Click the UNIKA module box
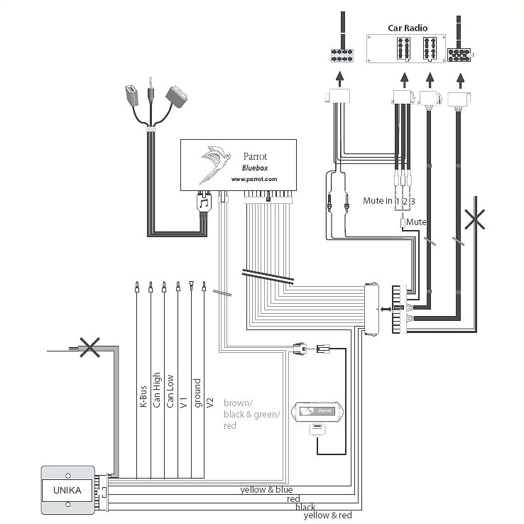[x=67, y=489]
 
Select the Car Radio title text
[x=406, y=28]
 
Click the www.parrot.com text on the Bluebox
[x=253, y=179]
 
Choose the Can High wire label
[x=156, y=391]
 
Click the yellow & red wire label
[x=327, y=515]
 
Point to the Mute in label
[x=377, y=201]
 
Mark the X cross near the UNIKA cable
[x=89, y=347]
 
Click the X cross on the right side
[x=475, y=219]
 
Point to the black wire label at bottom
[x=306, y=507]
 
